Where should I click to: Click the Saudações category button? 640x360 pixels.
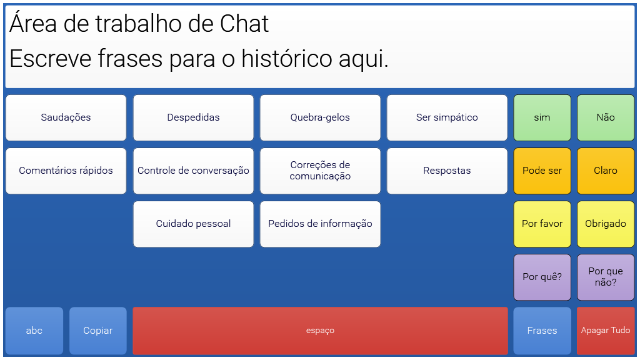pyautogui.click(x=66, y=118)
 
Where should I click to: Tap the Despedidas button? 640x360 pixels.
pyautogui.click(x=193, y=118)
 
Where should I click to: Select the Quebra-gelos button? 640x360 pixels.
pyautogui.click(x=320, y=118)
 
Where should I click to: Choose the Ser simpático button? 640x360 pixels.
pyautogui.click(x=447, y=118)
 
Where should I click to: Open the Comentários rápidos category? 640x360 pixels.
pyautogui.click(x=66, y=171)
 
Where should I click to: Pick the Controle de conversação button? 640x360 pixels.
pyautogui.click(x=193, y=171)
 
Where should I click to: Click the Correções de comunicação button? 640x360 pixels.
pyautogui.click(x=320, y=171)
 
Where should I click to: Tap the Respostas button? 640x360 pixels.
pyautogui.click(x=447, y=171)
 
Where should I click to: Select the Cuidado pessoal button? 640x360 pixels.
pyautogui.click(x=193, y=224)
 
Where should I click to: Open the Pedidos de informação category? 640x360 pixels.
pyautogui.click(x=320, y=224)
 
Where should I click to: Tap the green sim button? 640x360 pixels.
pyautogui.click(x=542, y=118)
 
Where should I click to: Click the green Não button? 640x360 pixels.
pyautogui.click(x=606, y=118)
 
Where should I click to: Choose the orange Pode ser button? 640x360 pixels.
pyautogui.click(x=542, y=171)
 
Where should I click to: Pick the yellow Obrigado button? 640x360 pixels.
pyautogui.click(x=606, y=224)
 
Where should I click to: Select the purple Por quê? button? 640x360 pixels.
pyautogui.click(x=542, y=277)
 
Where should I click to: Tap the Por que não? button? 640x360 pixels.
pyautogui.click(x=606, y=277)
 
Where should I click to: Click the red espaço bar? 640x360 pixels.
pyautogui.click(x=320, y=331)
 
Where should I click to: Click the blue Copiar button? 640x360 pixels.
pyautogui.click(x=98, y=331)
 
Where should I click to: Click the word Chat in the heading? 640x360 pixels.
pyautogui.click(x=244, y=24)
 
